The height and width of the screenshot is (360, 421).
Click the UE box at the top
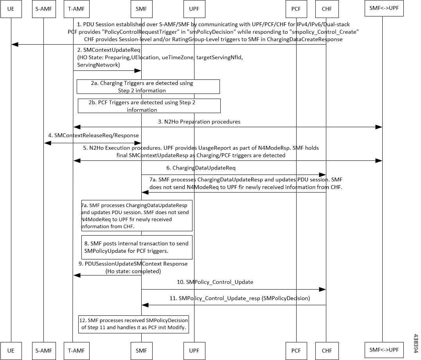tap(11, 9)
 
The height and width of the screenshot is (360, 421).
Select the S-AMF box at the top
tap(44, 9)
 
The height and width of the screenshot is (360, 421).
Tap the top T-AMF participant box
tap(77, 9)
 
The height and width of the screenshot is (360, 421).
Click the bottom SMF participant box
tap(142, 351)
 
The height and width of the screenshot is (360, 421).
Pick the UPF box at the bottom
tap(194, 351)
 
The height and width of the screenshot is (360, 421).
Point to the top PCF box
tap(296, 9)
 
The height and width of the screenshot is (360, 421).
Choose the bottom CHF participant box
tap(327, 351)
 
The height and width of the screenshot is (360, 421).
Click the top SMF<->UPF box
tap(384, 8)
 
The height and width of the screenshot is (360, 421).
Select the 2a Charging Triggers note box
tap(148, 87)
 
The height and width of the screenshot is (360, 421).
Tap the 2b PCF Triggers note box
tap(149, 106)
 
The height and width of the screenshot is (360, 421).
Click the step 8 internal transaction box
tap(137, 247)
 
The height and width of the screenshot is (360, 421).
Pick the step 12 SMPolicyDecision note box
tap(133, 324)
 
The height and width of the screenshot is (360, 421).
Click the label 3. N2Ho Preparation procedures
tap(199, 122)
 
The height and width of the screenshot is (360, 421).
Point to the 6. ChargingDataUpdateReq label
tap(201, 168)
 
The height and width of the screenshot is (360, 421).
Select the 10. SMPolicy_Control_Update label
tap(215, 282)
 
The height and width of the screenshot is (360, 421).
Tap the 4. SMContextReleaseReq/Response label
tap(94, 135)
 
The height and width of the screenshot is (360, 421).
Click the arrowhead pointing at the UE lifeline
tap(14, 44)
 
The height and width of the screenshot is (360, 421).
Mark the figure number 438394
tap(416, 343)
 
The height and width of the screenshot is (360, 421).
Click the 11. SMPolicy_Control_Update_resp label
tap(239, 298)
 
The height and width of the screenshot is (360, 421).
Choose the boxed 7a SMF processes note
tap(137, 216)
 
